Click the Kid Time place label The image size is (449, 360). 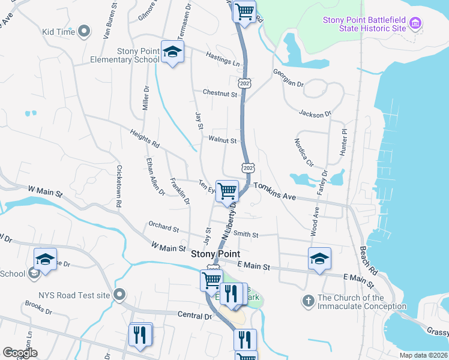point(58,31)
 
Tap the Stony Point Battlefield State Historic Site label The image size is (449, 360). point(363,24)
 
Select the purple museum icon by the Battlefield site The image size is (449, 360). point(415,24)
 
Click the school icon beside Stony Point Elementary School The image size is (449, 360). point(172,54)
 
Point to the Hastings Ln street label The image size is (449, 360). point(223,59)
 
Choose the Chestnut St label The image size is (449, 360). point(220,94)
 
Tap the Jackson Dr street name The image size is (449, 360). point(315,113)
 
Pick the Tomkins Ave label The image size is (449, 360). point(275,191)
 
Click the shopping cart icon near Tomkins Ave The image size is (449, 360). point(227,191)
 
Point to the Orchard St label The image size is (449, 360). point(164,229)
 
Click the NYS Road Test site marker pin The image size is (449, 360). point(119,295)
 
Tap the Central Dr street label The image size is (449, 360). point(196,315)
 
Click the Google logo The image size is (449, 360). point(20,353)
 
